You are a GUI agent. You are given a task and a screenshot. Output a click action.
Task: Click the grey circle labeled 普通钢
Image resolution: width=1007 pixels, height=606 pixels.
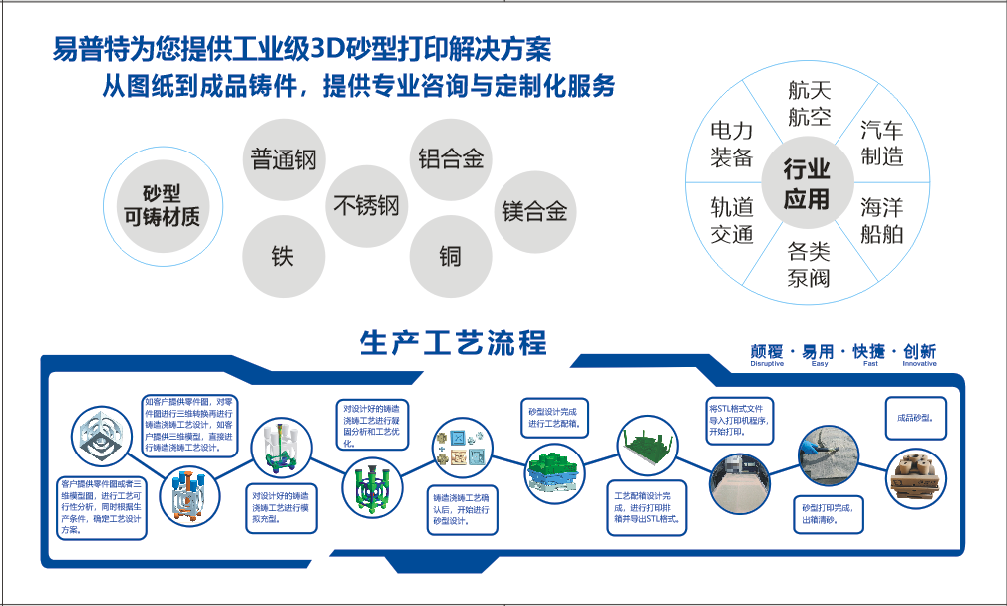point(283,159)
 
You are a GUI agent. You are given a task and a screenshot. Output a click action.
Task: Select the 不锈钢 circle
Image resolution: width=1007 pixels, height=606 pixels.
point(366,206)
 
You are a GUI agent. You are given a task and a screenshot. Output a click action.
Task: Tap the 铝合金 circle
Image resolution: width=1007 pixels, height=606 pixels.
point(450,158)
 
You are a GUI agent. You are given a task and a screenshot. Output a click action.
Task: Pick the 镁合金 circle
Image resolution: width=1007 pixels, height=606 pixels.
point(534,211)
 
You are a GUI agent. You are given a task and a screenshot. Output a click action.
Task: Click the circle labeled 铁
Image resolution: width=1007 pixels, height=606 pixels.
point(283,256)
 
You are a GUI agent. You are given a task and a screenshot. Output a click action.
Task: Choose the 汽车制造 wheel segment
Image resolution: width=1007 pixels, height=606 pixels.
point(882,143)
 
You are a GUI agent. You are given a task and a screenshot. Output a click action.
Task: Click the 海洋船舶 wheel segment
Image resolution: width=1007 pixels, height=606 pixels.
point(882,221)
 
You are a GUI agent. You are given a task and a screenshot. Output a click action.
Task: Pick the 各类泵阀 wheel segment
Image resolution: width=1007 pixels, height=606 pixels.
point(808,264)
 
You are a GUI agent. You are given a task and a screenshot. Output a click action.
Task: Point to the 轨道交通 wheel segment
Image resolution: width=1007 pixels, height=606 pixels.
point(732,221)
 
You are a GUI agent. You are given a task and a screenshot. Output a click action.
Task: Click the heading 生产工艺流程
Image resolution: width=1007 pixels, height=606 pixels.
point(454,343)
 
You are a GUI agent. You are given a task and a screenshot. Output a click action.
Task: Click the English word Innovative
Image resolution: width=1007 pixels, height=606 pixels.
point(919,364)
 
